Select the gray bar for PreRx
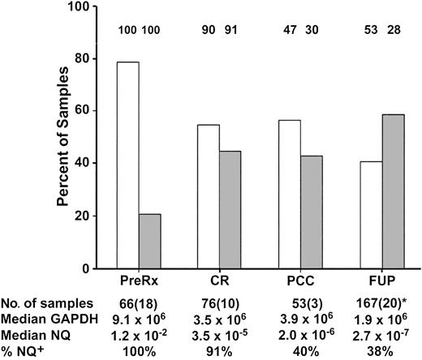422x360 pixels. tap(151, 241)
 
